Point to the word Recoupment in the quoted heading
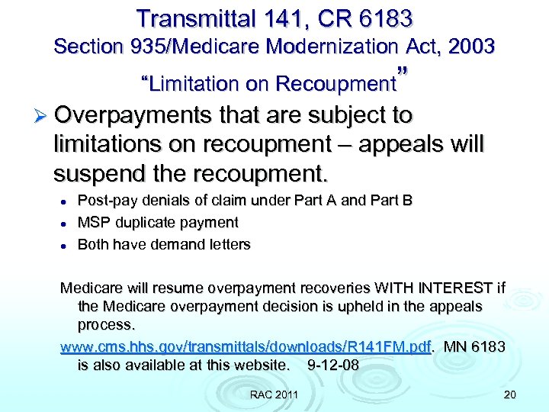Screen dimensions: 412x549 (x=336, y=83)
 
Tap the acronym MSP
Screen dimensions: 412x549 (x=93, y=223)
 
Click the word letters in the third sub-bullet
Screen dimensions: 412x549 (x=230, y=244)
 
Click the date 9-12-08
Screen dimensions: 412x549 (x=332, y=365)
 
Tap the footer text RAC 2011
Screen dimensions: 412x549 (x=274, y=394)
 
